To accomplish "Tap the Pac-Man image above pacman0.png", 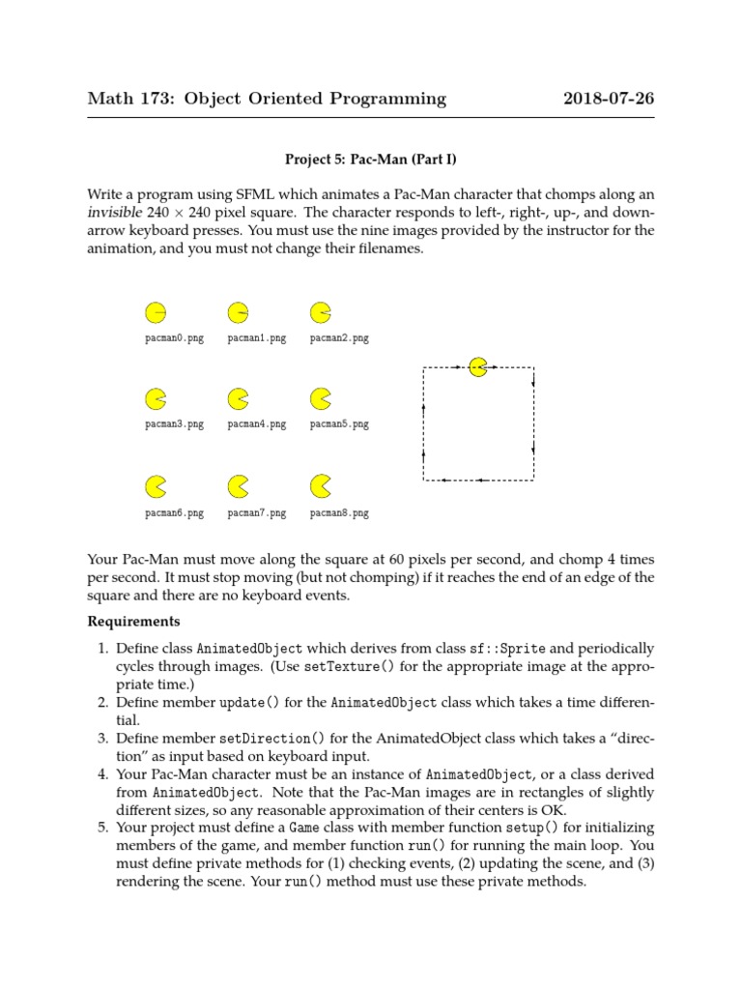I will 155,312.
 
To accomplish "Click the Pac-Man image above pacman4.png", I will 238,397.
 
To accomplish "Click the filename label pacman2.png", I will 339,338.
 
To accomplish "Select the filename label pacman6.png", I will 174,513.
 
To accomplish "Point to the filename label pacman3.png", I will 174,424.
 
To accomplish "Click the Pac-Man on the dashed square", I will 477,366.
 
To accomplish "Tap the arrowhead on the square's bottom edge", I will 480,480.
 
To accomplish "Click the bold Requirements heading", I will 133,621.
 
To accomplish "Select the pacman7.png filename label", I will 257,513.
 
